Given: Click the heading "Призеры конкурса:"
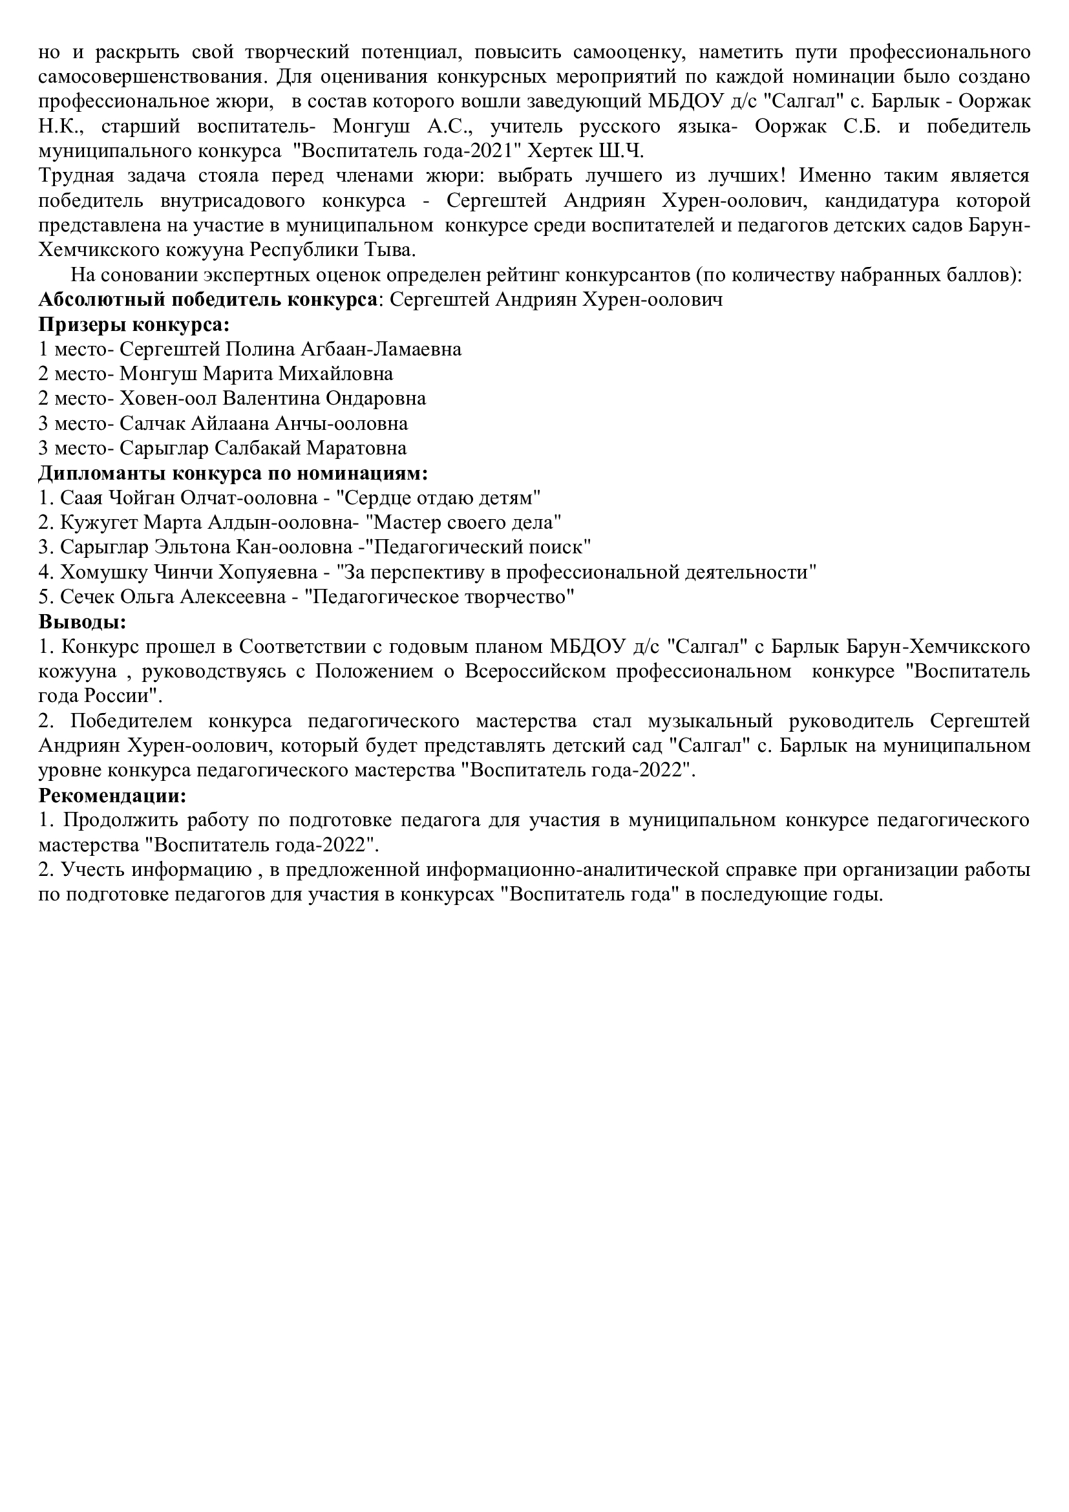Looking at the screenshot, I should [x=134, y=325].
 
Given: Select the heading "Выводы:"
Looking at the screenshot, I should [x=82, y=622].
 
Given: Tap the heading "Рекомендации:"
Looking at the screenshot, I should [x=112, y=796].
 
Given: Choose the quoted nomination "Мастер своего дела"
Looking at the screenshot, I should [x=463, y=523].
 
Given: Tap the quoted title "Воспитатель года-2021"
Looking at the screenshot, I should [x=407, y=151].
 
